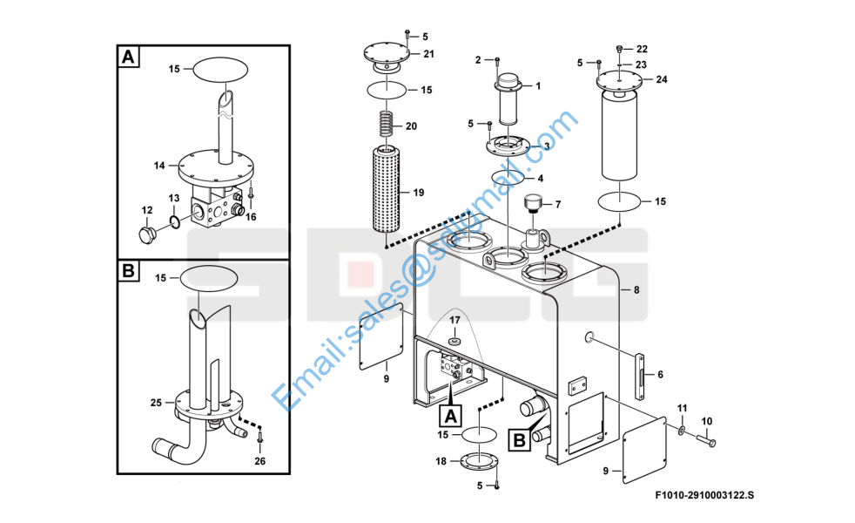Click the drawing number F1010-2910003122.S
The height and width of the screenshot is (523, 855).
(x=705, y=496)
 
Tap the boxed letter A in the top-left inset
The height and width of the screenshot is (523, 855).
(x=128, y=58)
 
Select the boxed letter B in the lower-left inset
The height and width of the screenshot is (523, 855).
(x=128, y=271)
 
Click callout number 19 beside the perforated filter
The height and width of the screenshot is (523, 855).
(x=418, y=192)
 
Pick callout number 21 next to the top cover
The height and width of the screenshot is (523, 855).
(x=428, y=54)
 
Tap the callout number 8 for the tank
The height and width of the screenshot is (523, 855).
(x=636, y=289)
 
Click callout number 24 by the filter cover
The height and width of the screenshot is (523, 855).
(x=662, y=79)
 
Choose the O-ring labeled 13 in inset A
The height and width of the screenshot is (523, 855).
(x=174, y=222)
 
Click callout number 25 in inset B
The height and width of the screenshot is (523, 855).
(x=157, y=403)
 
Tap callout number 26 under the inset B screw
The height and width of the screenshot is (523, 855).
(x=259, y=460)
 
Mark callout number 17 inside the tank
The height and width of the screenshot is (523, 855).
(x=454, y=320)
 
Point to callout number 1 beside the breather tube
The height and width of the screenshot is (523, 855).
(x=537, y=85)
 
